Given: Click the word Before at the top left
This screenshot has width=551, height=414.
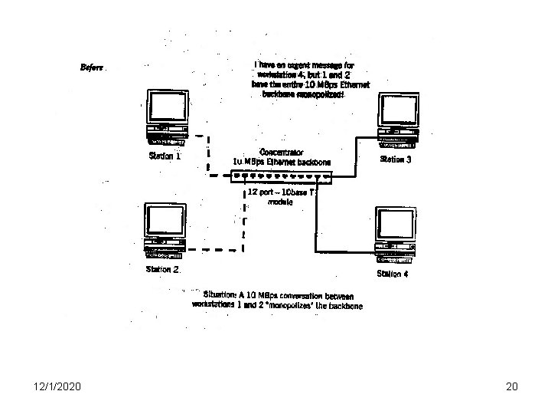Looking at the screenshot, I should [x=92, y=67].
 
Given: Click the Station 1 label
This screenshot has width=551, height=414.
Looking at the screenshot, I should [x=164, y=156].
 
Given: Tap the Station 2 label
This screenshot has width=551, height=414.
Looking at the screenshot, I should [x=163, y=270].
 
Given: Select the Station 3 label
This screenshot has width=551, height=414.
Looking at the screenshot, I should [x=396, y=159].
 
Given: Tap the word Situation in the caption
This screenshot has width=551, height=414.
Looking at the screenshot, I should [x=220, y=294].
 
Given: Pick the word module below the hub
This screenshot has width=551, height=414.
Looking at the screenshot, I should [x=279, y=202].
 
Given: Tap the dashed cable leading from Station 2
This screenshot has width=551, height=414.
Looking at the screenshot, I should [x=214, y=250].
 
